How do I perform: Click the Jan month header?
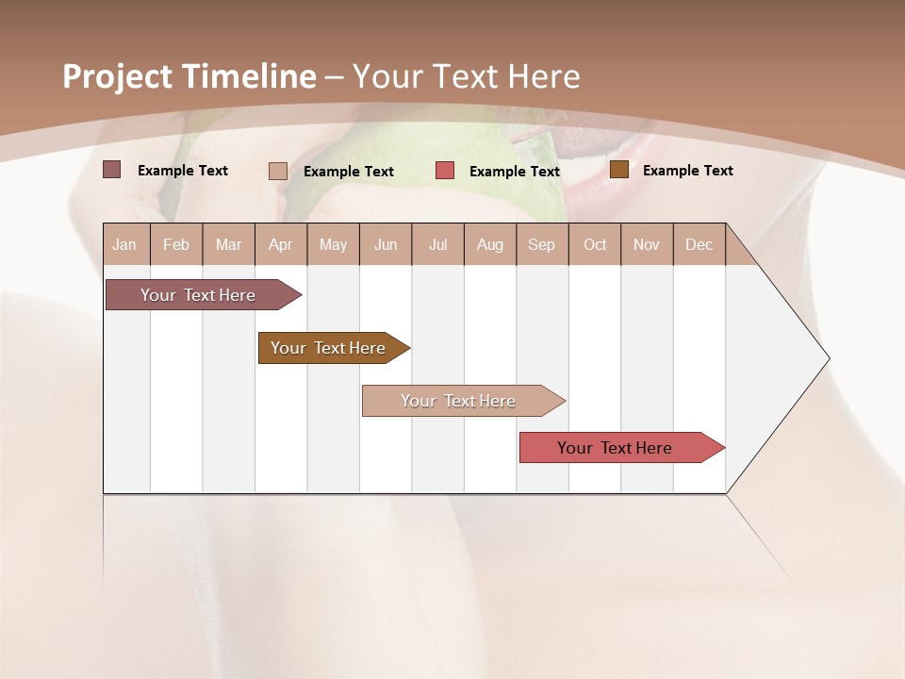click(125, 244)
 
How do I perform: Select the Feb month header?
click(176, 244)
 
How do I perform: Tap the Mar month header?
click(228, 244)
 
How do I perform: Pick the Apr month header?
click(281, 244)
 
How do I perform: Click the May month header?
click(333, 244)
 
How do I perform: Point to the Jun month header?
click(386, 244)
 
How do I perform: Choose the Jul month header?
click(438, 244)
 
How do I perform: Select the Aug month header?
click(490, 244)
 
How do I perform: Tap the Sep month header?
click(542, 244)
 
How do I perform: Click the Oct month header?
click(595, 244)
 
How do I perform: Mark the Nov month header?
click(647, 244)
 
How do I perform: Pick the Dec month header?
click(699, 244)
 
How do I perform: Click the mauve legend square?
click(112, 170)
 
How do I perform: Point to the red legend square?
click(445, 171)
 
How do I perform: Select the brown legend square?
click(619, 170)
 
